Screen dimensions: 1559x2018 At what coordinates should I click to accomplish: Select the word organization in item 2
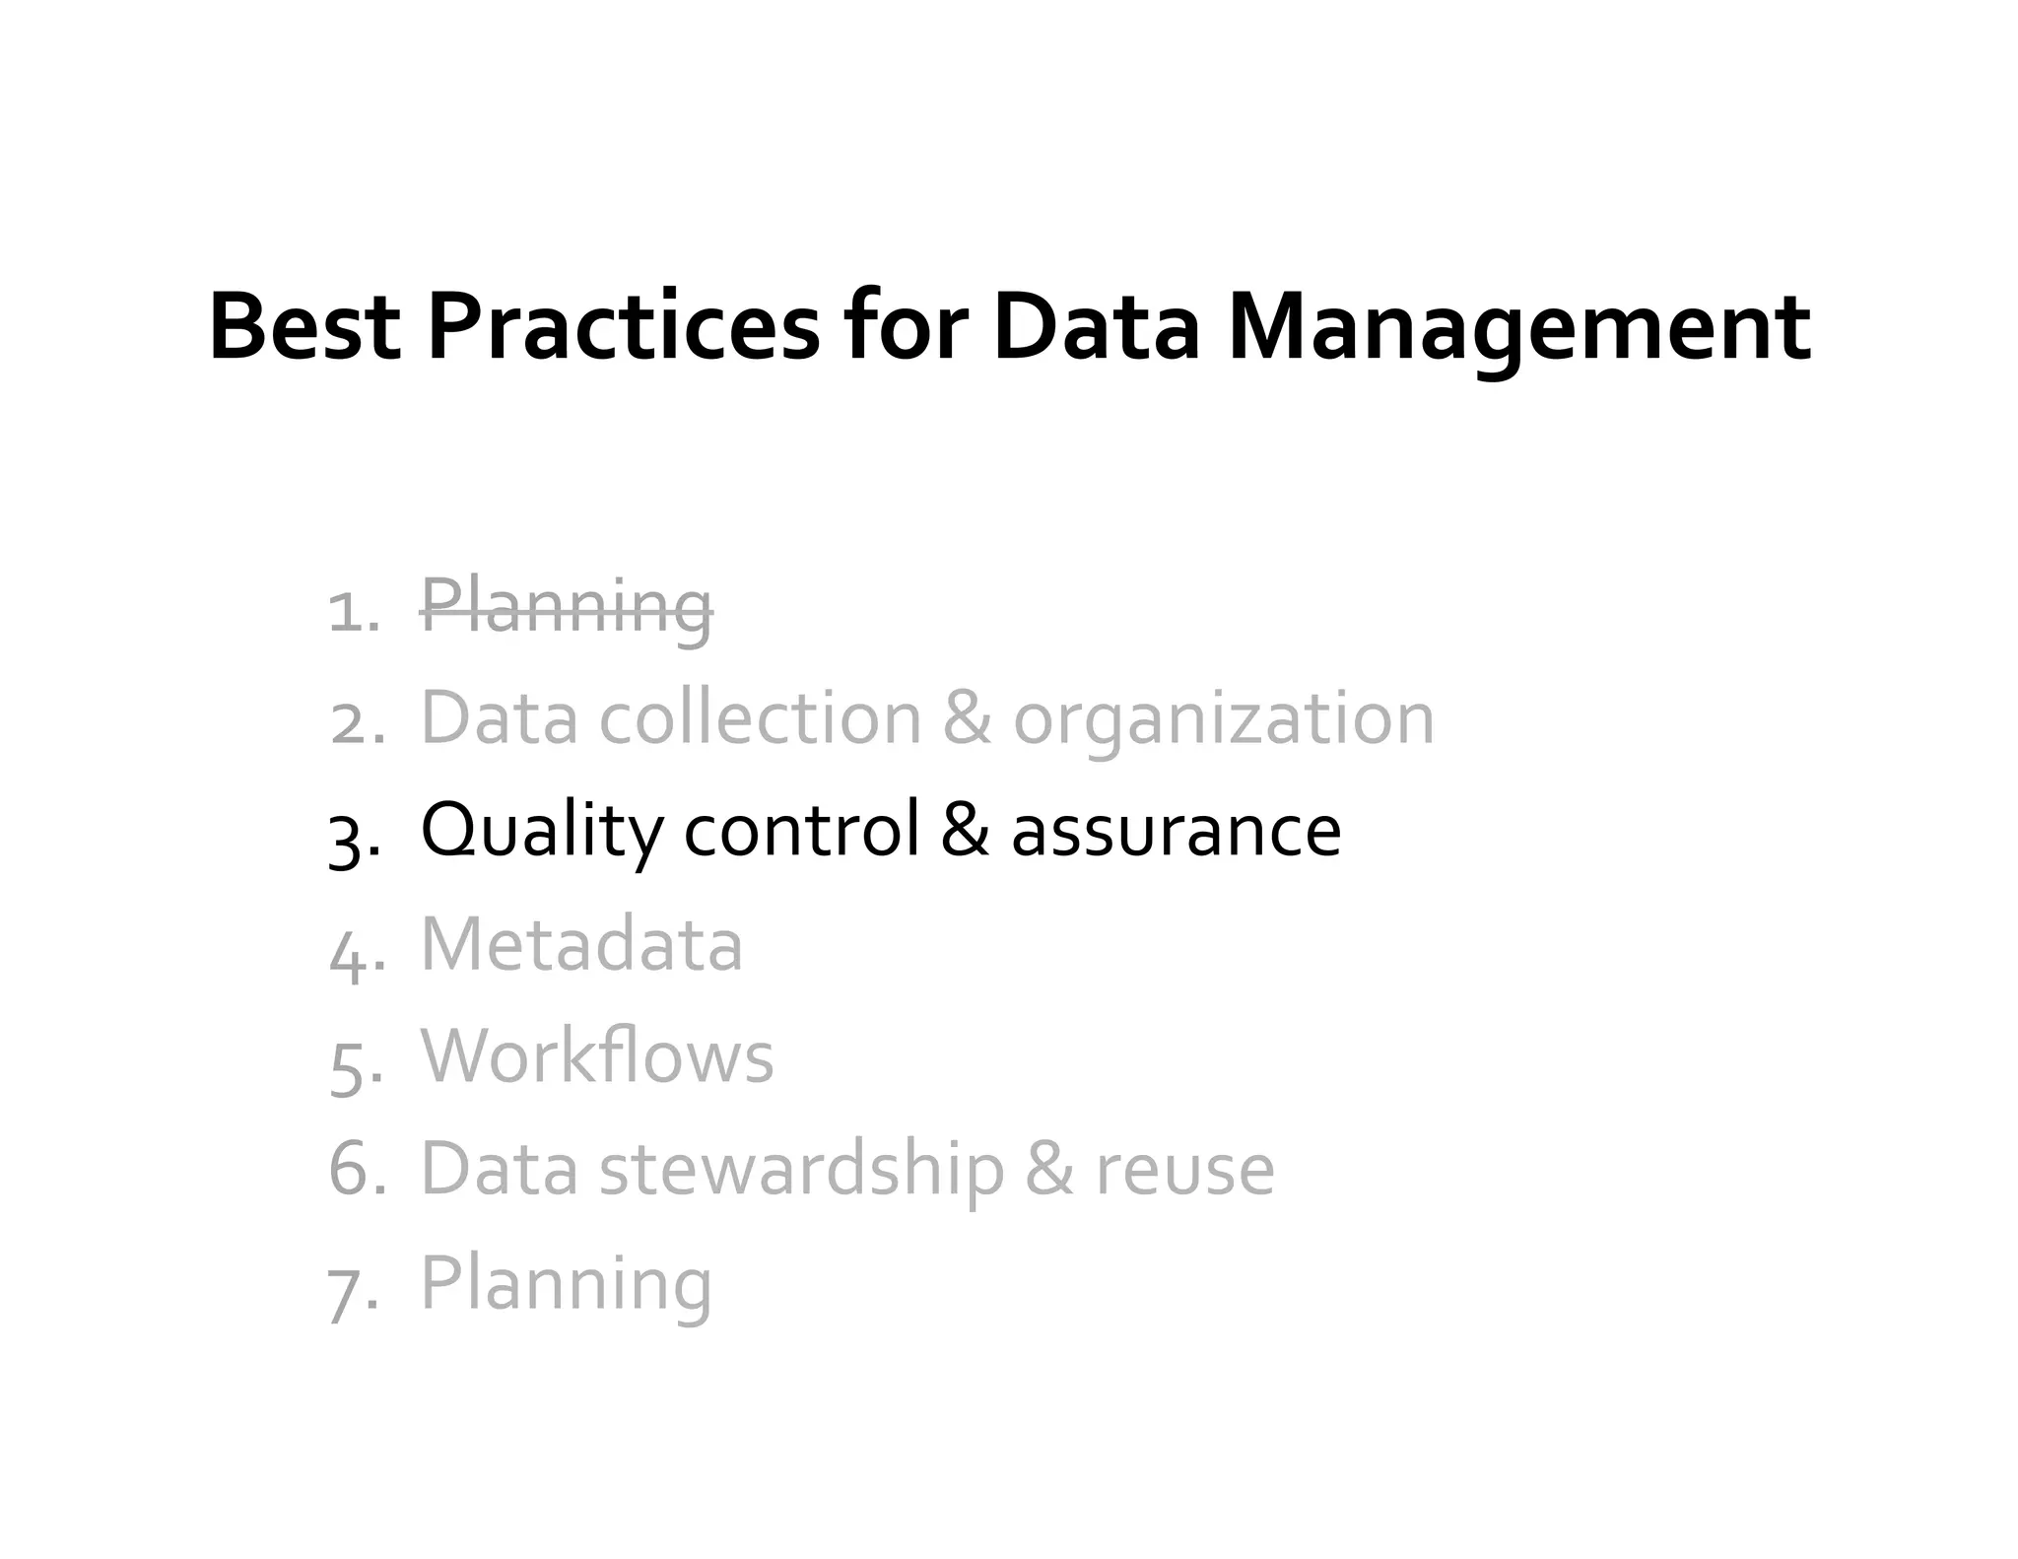[x=1223, y=719]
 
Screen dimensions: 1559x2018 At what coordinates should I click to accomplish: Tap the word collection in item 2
[x=760, y=719]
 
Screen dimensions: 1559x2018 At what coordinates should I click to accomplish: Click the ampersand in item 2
[x=967, y=719]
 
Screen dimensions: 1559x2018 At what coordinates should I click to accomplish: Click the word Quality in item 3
[x=541, y=831]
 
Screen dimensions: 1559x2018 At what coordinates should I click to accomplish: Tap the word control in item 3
[x=801, y=831]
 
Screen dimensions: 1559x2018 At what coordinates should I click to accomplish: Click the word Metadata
[x=581, y=945]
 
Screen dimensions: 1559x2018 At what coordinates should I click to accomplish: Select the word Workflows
[x=597, y=1057]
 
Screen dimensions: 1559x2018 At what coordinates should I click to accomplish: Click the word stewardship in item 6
[x=801, y=1171]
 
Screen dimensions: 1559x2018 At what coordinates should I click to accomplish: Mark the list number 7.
[x=351, y=1291]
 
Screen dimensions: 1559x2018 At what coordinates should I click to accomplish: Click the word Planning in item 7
[x=567, y=1285]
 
